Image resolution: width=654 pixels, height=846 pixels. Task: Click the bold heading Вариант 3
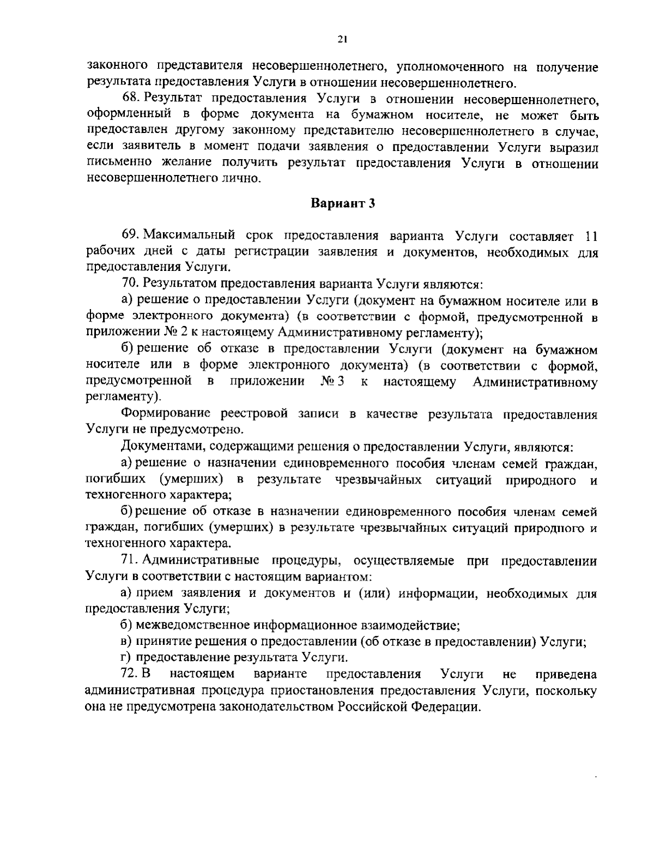click(x=343, y=204)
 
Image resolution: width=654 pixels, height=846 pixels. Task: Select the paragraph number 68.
click(x=131, y=100)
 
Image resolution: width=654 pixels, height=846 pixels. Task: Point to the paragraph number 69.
click(x=131, y=236)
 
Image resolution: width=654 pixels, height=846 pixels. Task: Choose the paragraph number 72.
click(x=131, y=674)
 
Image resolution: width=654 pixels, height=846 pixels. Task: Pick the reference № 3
click(x=332, y=382)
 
